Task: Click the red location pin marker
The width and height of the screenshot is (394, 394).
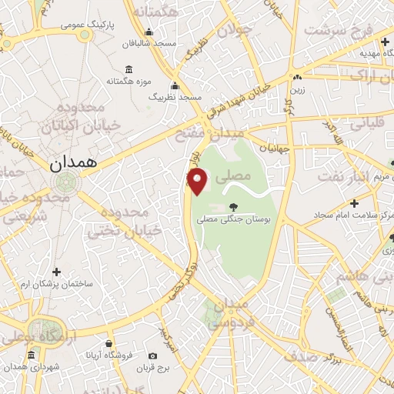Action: tap(199, 182)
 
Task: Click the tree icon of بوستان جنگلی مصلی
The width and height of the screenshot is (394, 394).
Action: tap(232, 206)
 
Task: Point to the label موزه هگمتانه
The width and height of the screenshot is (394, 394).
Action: tap(127, 81)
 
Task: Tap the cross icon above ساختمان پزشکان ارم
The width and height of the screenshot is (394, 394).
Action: tap(56, 271)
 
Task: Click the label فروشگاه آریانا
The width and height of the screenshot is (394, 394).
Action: tap(110, 356)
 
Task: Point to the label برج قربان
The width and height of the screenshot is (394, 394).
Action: tap(153, 367)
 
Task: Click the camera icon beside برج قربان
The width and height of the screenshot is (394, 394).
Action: tap(153, 356)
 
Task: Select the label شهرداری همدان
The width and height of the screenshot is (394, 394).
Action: tap(30, 367)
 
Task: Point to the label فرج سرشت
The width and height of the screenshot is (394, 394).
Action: tap(338, 32)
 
